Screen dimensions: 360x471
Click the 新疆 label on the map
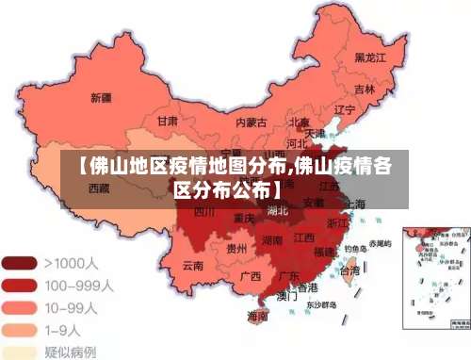click(x=101, y=97)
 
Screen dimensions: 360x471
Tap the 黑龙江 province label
click(x=370, y=57)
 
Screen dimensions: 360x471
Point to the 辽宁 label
click(x=345, y=109)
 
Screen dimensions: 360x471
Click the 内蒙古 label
click(x=251, y=122)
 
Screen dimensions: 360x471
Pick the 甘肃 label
click(x=167, y=121)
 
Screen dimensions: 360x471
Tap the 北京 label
click(x=299, y=122)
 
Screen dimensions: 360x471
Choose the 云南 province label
click(x=192, y=265)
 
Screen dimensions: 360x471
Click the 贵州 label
click(x=237, y=249)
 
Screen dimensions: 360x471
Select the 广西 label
click(x=250, y=276)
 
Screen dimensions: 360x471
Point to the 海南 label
click(x=257, y=316)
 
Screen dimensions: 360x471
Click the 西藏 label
click(x=99, y=188)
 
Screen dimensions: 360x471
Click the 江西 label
click(x=303, y=238)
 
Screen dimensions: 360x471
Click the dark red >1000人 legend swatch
click(x=19, y=263)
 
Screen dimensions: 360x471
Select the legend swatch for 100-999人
click(x=19, y=285)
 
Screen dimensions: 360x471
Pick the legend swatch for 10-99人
click(x=19, y=306)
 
